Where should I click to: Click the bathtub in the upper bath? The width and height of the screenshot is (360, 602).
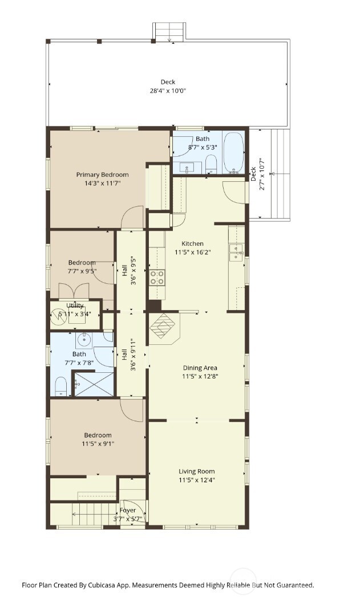[x=233, y=153]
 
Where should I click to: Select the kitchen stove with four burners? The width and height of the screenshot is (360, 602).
[x=157, y=278]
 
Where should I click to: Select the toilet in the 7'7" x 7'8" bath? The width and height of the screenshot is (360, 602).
[x=60, y=387]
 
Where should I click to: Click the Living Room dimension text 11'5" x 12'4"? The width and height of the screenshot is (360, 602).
[x=196, y=480]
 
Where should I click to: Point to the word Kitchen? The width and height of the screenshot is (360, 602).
[x=192, y=243]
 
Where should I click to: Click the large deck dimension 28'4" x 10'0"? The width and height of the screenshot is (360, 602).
[x=168, y=91]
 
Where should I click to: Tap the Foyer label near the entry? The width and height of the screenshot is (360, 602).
[x=128, y=510]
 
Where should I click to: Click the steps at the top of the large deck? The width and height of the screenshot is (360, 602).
[x=169, y=32]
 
